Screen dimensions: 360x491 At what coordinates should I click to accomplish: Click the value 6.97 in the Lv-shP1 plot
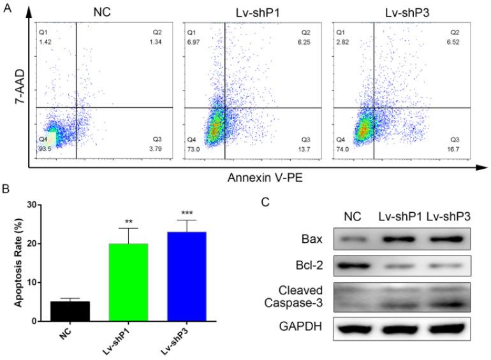193,41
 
